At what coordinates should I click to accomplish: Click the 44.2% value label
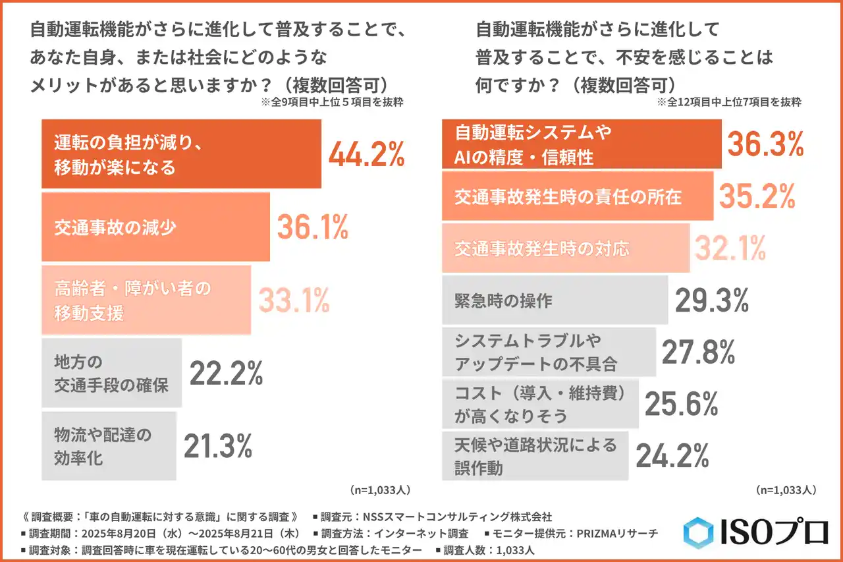tap(366, 154)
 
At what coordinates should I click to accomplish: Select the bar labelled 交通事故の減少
tap(155, 227)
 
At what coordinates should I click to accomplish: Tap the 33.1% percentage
tap(293, 300)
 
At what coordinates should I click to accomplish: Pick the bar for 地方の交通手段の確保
tap(111, 373)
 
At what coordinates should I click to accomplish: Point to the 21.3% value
tap(218, 446)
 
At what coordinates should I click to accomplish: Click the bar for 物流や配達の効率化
tap(109, 446)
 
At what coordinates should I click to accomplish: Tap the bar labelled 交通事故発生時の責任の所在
tap(577, 196)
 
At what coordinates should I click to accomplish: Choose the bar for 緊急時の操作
tap(555, 300)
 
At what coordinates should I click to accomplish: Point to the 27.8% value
tap(698, 352)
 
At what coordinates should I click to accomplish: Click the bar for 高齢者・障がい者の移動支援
tap(146, 300)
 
